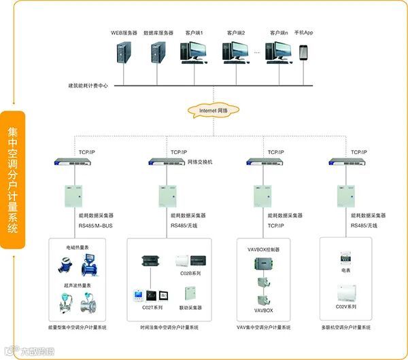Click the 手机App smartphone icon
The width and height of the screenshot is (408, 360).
[303, 53]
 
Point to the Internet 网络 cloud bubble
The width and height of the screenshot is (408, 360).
[212, 110]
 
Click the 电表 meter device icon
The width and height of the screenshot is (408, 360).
[346, 257]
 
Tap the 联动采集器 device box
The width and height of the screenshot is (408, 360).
[190, 293]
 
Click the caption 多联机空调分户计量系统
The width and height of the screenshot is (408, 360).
[345, 328]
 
